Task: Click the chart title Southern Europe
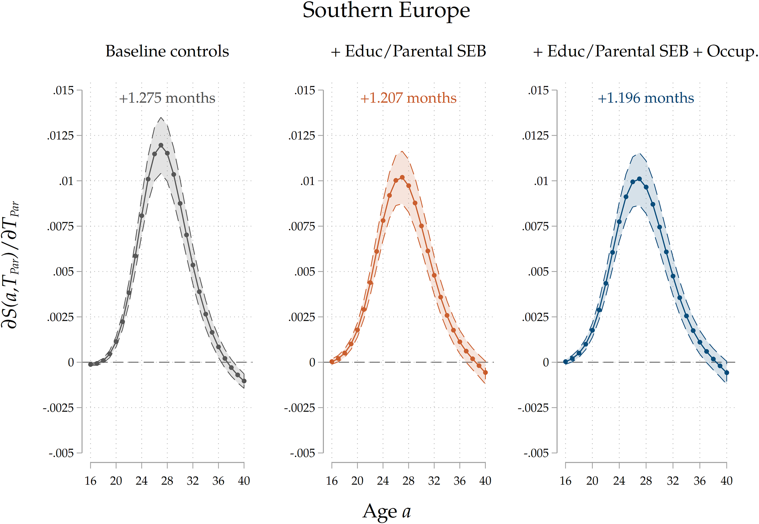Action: (x=386, y=10)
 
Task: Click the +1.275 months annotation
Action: (x=167, y=98)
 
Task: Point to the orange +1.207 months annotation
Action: (x=408, y=98)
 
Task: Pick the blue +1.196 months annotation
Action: (x=646, y=98)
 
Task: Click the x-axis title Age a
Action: (x=387, y=511)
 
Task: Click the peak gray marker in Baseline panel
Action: (x=161, y=145)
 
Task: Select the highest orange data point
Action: (x=402, y=177)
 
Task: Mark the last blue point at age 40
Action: (x=727, y=373)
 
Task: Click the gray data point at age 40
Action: (x=244, y=381)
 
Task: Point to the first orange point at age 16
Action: (x=332, y=362)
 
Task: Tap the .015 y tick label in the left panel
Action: (x=64, y=90)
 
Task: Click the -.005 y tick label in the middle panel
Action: (x=302, y=453)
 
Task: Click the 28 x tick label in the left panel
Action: (x=167, y=481)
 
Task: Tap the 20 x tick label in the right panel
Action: (x=592, y=481)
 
